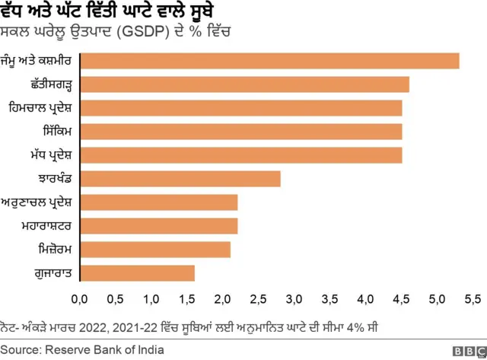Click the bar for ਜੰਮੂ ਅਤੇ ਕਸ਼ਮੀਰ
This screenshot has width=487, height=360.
pyautogui.click(x=269, y=61)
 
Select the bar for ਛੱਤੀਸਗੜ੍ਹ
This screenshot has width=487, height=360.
pyautogui.click(x=244, y=84)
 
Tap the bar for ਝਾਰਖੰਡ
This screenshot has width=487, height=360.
pyautogui.click(x=180, y=179)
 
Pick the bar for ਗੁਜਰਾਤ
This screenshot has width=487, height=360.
pyautogui.click(x=137, y=273)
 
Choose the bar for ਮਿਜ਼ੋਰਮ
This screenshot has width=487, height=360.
pyautogui.click(x=155, y=250)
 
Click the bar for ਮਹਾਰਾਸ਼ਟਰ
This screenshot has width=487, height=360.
pyautogui.click(x=158, y=226)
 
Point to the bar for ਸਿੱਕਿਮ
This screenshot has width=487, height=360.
pyautogui.click(x=240, y=132)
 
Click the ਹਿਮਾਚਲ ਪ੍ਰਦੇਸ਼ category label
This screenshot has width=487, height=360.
pyautogui.click(x=39, y=108)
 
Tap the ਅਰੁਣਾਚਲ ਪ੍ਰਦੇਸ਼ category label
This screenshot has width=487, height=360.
pyautogui.click(x=37, y=202)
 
